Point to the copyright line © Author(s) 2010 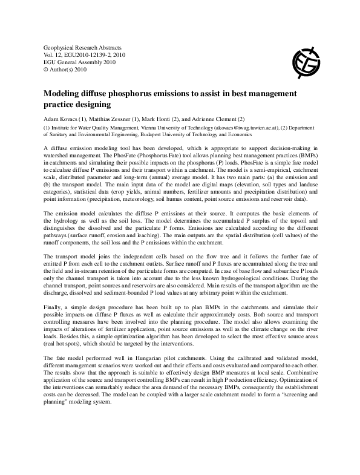(67, 70)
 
